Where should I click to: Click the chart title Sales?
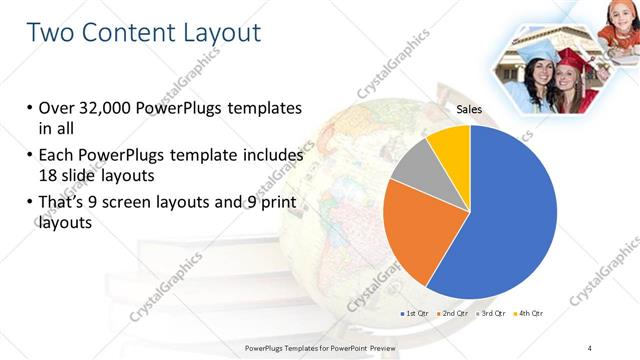[x=470, y=110]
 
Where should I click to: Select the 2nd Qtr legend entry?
[x=455, y=314]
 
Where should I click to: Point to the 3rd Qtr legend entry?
[x=492, y=314]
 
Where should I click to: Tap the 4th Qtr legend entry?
[x=529, y=314]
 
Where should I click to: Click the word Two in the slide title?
[x=52, y=32]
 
